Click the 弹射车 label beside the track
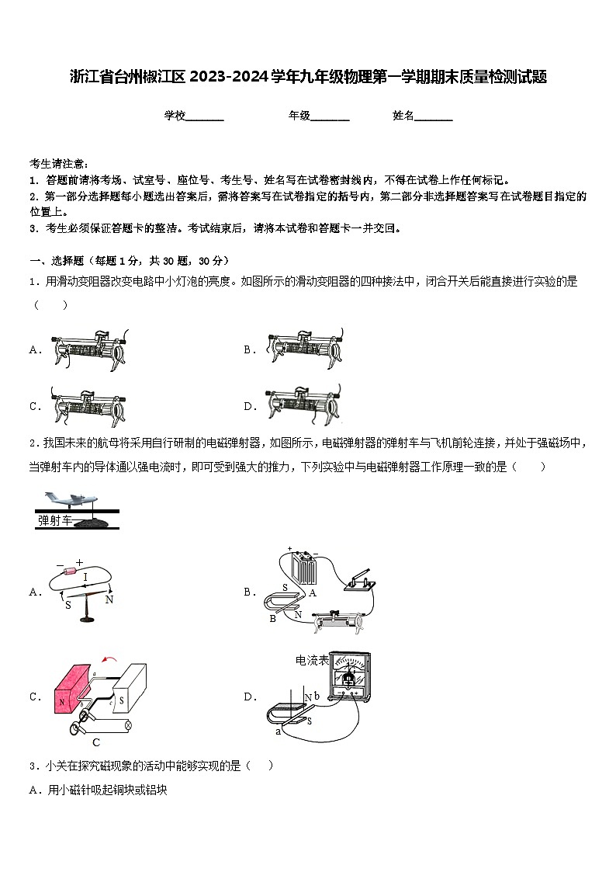pos(54,521)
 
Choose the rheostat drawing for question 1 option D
pos(303,405)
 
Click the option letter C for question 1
pos(34,406)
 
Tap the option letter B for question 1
pos(249,350)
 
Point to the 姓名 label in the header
pos(403,116)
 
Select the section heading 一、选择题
pos(57,261)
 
